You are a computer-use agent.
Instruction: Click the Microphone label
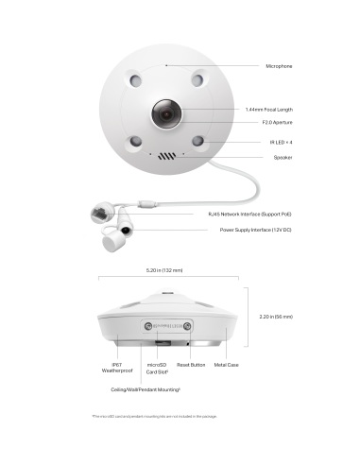(x=278, y=66)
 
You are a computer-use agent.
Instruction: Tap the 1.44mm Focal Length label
(x=268, y=109)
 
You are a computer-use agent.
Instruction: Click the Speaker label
(x=283, y=157)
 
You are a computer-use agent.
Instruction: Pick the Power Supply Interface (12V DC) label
(x=255, y=230)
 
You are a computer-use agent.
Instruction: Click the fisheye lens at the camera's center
(x=166, y=115)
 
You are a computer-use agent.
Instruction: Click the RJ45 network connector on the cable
(x=98, y=212)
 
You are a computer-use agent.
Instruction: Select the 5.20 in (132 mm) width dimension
(x=164, y=270)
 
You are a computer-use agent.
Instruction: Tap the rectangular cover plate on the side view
(x=167, y=326)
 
